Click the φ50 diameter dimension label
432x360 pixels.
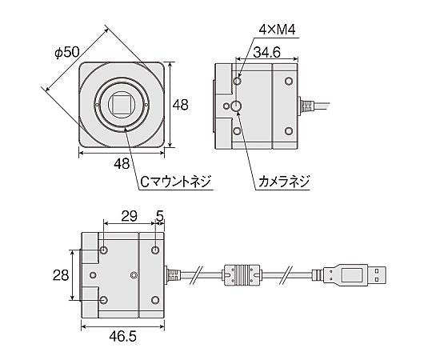click(66, 52)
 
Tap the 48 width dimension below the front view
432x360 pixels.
click(122, 164)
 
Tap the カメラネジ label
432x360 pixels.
click(282, 182)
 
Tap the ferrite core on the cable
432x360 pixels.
click(240, 276)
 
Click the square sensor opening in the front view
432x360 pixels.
click(122, 104)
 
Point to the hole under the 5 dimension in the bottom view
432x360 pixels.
click(154, 250)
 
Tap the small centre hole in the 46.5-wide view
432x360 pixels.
click(134, 276)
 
